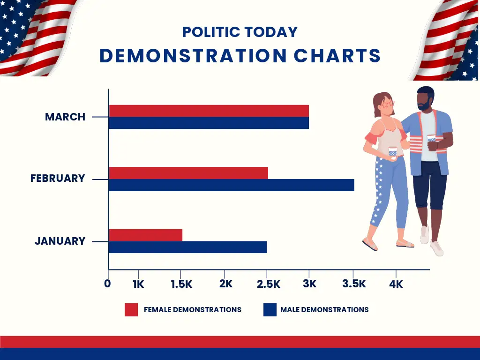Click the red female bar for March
[x=209, y=111]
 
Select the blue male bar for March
[x=209, y=123]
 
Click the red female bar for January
[x=146, y=235]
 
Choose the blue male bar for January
[x=188, y=247]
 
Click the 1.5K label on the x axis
[x=181, y=284]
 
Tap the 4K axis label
[x=396, y=284]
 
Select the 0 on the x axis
[x=108, y=284]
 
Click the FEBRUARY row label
[x=58, y=179]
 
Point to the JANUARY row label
[x=60, y=241]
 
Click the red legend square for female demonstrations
[x=131, y=310]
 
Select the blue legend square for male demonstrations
[x=270, y=310]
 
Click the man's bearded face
[x=425, y=101]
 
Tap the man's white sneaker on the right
[x=436, y=248]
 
